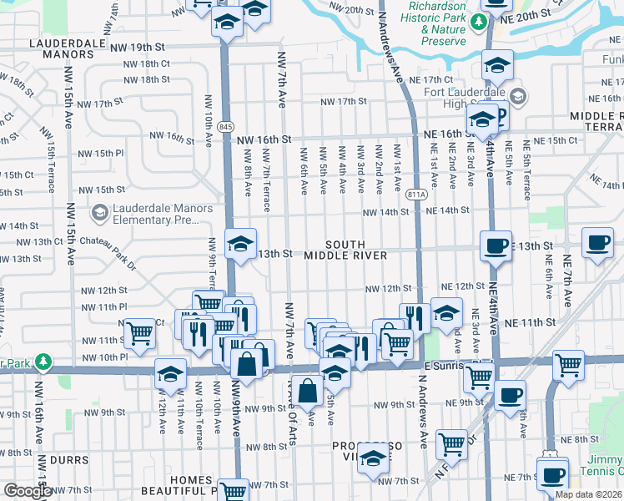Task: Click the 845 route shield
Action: pyautogui.click(x=224, y=125)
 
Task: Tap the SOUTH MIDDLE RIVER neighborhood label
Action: pyautogui.click(x=345, y=249)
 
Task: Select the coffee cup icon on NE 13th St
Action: pyautogui.click(x=496, y=245)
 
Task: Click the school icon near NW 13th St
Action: pyautogui.click(x=241, y=245)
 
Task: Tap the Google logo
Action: pyautogui.click(x=28, y=491)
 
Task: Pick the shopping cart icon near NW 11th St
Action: pyautogui.click(x=140, y=334)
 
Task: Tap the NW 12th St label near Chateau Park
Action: pyautogui.click(x=104, y=291)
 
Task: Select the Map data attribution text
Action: pyautogui.click(x=589, y=494)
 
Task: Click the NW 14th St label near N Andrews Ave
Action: pyautogui.click(x=386, y=212)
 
